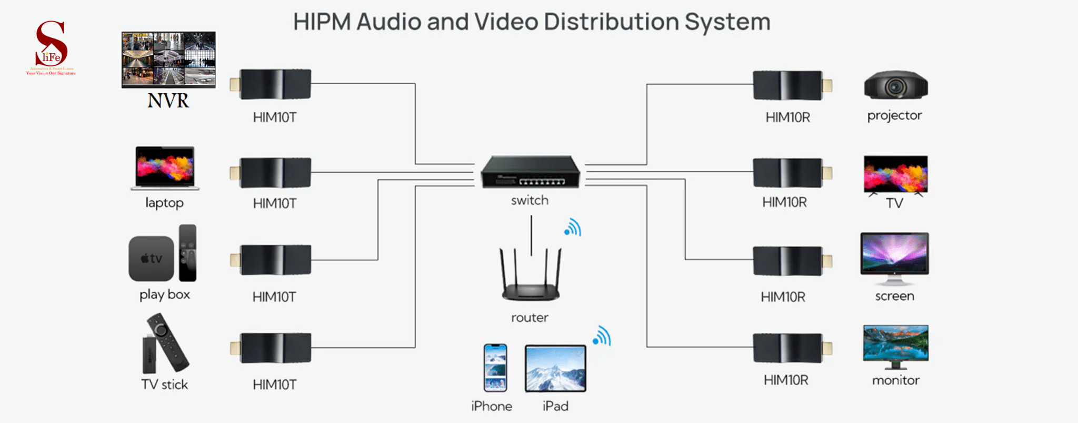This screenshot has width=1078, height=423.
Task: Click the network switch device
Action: (x=530, y=172)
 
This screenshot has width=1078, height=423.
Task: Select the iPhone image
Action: (x=495, y=368)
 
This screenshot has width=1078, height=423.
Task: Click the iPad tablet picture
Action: (x=555, y=368)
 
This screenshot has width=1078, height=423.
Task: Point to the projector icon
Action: (x=896, y=86)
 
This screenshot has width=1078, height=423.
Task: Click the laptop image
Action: (x=165, y=168)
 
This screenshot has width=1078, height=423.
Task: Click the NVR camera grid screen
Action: (x=168, y=59)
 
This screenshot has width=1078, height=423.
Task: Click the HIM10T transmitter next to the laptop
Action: (x=272, y=173)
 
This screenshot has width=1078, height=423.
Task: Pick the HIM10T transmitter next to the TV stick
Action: (x=272, y=348)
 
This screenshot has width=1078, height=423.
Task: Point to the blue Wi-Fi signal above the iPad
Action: (x=602, y=336)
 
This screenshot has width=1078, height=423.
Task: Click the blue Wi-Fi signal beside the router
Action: (x=573, y=228)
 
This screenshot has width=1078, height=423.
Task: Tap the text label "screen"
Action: (x=894, y=296)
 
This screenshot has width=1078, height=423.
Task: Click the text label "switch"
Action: (x=530, y=201)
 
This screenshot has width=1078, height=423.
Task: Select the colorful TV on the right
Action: (x=895, y=174)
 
